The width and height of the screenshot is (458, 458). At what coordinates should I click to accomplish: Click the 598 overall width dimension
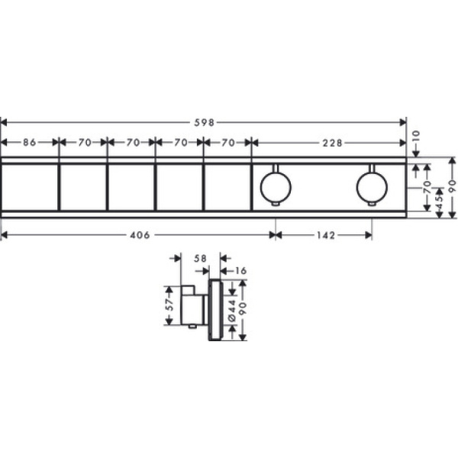pos(205,123)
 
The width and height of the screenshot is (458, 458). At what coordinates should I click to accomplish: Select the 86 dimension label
pos(30,143)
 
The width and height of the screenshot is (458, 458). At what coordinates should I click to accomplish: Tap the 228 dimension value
pos(332,143)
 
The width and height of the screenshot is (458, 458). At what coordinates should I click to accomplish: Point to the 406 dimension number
pos(140,235)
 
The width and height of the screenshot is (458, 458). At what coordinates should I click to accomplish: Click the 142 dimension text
pos(326,235)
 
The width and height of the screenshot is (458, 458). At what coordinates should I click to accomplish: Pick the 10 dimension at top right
pos(416,137)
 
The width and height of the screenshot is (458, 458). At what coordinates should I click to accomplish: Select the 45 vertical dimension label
pos(439,203)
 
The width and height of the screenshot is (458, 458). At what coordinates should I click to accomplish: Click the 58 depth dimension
pos(200,259)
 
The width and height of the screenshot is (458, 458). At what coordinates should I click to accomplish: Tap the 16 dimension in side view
pos(241,271)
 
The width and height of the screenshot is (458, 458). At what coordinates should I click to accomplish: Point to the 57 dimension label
pos(169,305)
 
